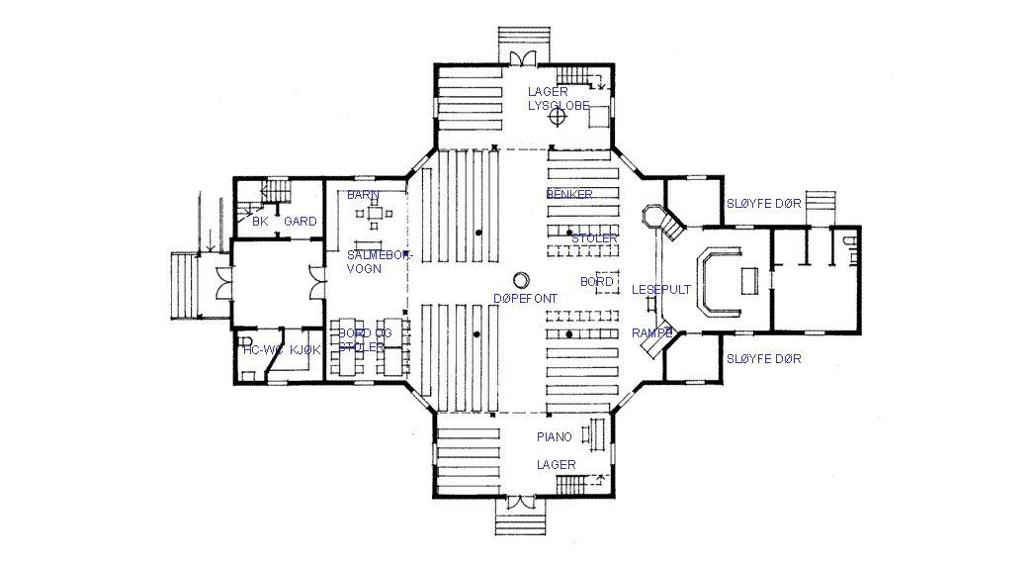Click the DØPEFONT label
[525, 298]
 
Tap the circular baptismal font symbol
[521, 279]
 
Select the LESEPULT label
[661, 290]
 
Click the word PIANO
[555, 436]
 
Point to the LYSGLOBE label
[559, 105]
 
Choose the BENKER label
[569, 194]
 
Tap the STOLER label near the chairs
[594, 238]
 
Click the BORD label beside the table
[597, 282]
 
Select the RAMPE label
[652, 333]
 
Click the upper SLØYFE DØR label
[764, 203]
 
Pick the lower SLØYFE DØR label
[764, 358]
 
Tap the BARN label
[363, 196]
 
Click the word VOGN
[364, 268]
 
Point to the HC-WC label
[264, 349]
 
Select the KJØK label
[305, 349]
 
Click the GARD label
[301, 222]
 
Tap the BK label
[260, 222]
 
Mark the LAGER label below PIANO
[557, 464]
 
